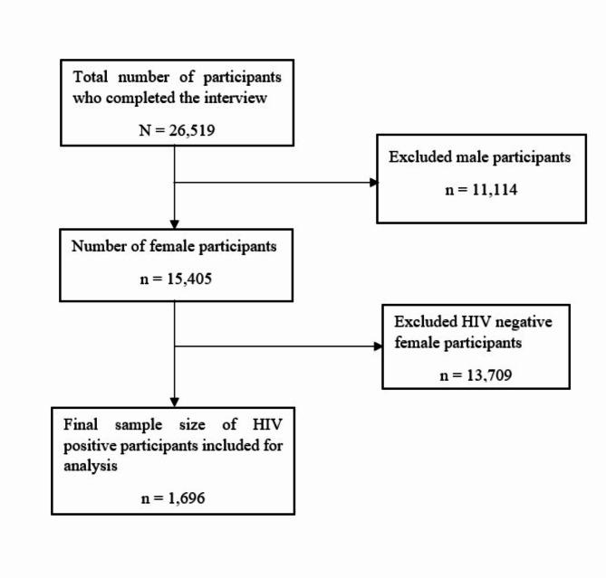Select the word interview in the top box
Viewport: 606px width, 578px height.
pos(237,98)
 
